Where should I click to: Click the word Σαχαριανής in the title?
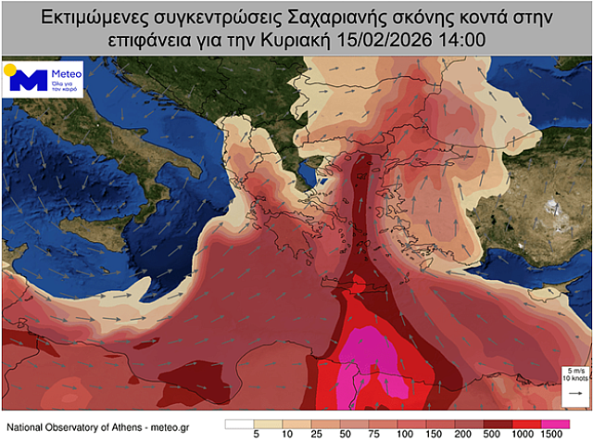(x=349, y=18)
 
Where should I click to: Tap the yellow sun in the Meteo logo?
(x=10, y=69)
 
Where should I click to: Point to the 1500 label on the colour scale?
(x=553, y=435)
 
